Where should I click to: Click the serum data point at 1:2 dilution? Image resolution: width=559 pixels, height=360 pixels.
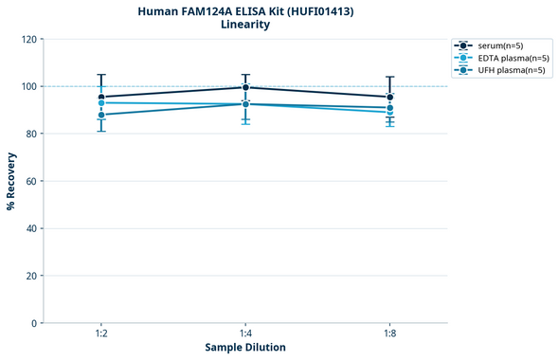coord(101,97)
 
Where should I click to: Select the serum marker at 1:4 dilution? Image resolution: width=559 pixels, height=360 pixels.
coord(245,87)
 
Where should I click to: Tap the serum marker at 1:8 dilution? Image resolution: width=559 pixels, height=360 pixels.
coord(390,97)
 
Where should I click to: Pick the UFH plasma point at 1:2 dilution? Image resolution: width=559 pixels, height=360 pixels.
coord(101,115)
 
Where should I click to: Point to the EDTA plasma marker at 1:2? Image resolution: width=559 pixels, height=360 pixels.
coord(101,102)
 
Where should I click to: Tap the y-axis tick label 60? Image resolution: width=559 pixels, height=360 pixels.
coord(31,181)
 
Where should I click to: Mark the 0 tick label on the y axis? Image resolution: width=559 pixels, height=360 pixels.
coord(34,323)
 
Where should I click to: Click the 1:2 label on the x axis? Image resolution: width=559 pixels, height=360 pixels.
coord(101,333)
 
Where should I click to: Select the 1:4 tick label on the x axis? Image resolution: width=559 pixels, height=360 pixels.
coord(245,333)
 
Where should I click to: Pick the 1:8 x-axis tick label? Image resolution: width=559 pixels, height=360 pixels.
coord(390,333)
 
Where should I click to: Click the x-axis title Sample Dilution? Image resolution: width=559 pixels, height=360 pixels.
coord(245,348)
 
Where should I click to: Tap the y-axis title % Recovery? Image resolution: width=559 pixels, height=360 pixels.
coord(11,180)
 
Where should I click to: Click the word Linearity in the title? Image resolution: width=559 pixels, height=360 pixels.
coord(245,25)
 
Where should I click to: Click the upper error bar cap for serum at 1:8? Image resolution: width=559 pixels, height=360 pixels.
coord(390,77)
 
